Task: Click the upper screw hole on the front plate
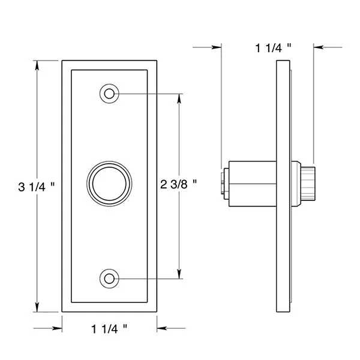point(109,94)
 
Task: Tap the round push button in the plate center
point(109,184)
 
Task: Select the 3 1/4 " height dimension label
point(37,187)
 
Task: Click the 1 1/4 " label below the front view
point(110,328)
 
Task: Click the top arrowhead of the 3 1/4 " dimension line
point(37,64)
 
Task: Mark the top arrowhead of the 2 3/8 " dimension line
point(179,97)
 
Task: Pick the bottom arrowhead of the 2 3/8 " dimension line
point(179,275)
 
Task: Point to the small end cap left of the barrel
point(224,182)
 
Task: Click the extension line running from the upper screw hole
point(150,94)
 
